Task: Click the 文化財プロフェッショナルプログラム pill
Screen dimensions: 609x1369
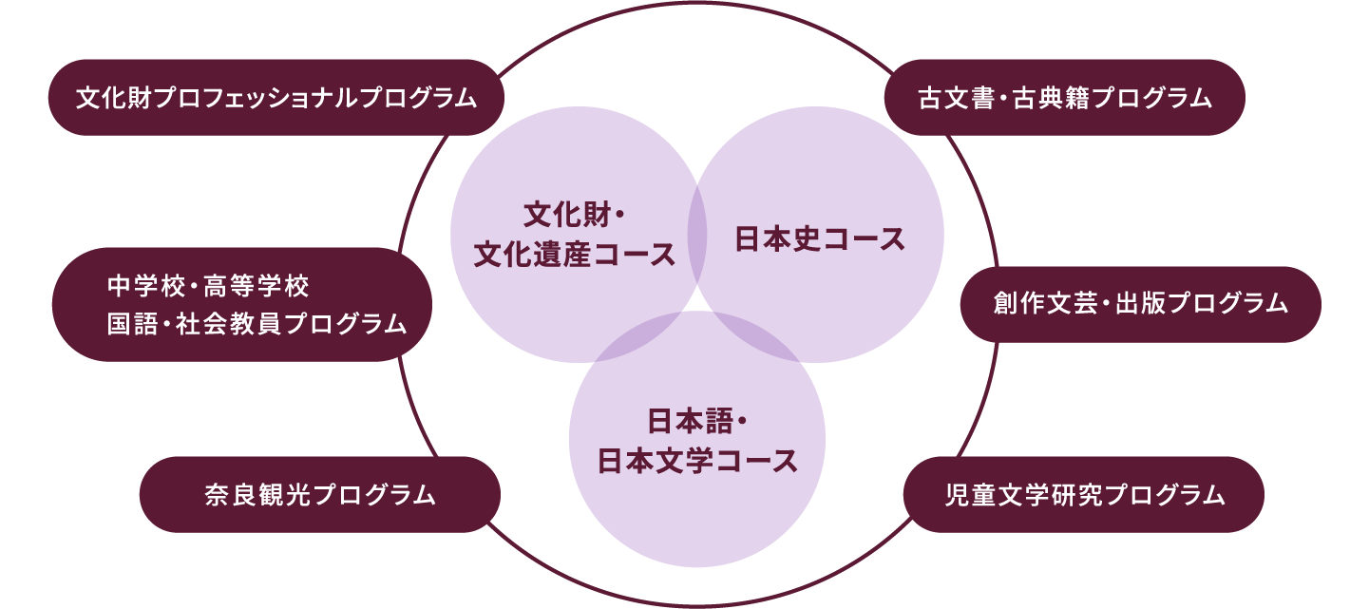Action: pos(276,98)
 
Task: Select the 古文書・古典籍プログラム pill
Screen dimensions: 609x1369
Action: pos(1064,98)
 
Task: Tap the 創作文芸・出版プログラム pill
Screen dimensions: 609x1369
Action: pos(1140,304)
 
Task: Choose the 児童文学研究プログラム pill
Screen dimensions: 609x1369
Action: pos(1083,495)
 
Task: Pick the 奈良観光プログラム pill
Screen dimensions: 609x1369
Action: pos(319,495)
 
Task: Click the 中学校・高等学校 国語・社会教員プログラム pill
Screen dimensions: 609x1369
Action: pos(242,305)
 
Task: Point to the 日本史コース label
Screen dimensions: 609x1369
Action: pos(821,239)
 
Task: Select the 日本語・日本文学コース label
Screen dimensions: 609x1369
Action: pos(697,440)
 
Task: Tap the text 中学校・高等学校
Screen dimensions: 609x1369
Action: pos(209,285)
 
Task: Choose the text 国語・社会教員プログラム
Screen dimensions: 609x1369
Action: pos(257,325)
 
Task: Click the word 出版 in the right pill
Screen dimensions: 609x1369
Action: pos(1146,304)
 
